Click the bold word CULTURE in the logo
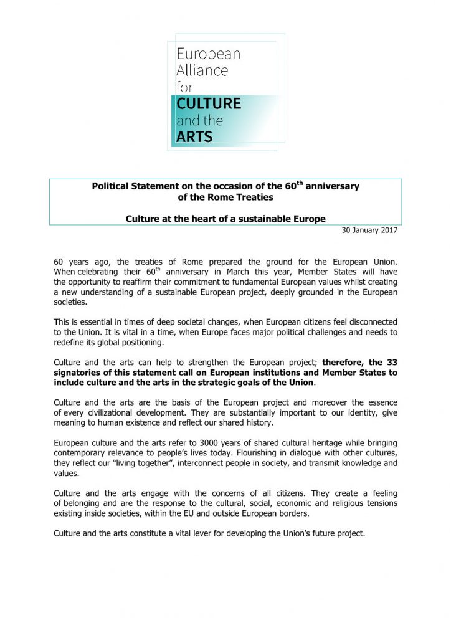(209, 103)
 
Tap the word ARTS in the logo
(194, 137)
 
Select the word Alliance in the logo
(202, 70)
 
